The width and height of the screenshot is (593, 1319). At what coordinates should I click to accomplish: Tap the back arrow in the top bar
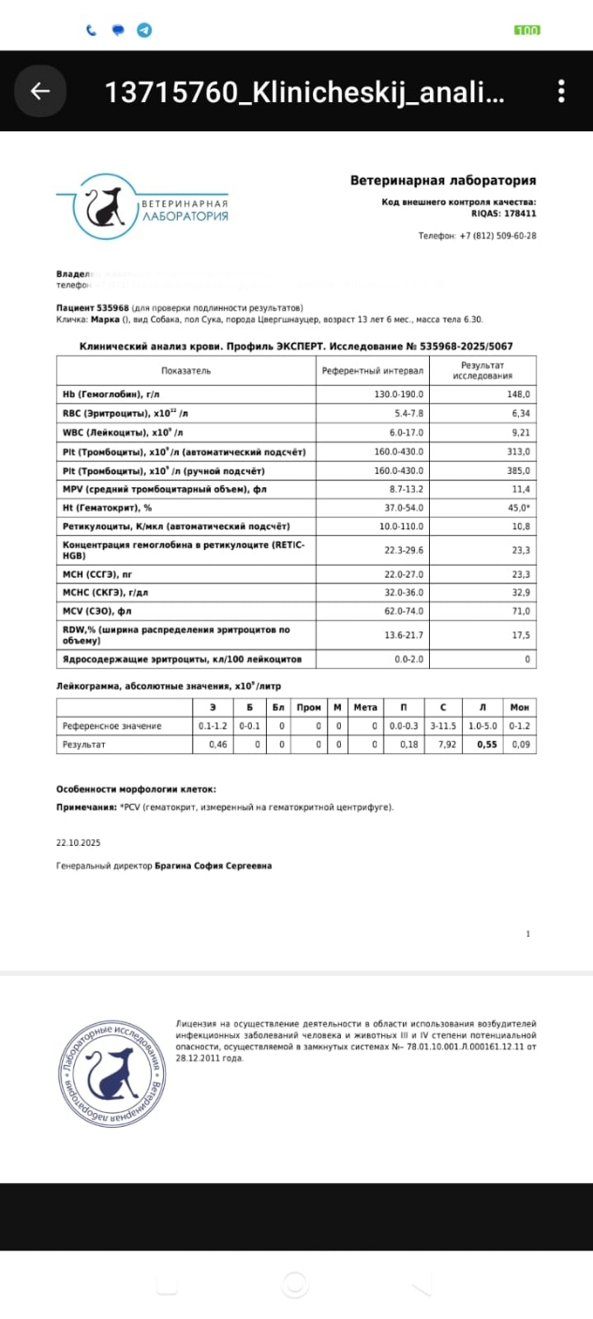pyautogui.click(x=40, y=91)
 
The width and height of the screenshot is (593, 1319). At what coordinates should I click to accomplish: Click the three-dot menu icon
pyautogui.click(x=560, y=91)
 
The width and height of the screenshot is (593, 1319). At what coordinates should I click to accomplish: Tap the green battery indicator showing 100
pyautogui.click(x=527, y=30)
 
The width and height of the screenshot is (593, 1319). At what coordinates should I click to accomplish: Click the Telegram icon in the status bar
pyautogui.click(x=144, y=30)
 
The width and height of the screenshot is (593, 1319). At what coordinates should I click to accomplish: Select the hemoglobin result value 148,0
pyautogui.click(x=518, y=394)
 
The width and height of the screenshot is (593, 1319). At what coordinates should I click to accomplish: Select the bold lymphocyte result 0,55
pyautogui.click(x=485, y=745)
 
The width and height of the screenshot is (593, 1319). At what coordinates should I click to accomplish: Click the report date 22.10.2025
pyautogui.click(x=78, y=842)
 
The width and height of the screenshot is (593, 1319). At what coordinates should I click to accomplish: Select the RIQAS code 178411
pyautogui.click(x=518, y=213)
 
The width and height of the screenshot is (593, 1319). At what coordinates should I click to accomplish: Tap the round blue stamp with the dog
pyautogui.click(x=111, y=1063)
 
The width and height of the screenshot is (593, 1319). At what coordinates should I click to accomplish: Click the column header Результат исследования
pyautogui.click(x=485, y=370)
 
